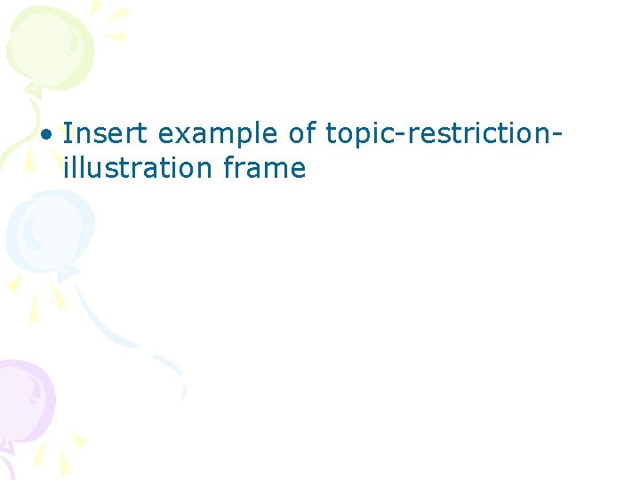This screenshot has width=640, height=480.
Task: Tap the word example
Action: pos(217,135)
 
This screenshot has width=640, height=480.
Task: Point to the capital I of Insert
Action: pos(68,134)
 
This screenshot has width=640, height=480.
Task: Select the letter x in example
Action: pos(178,136)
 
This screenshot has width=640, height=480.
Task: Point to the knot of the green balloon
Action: pos(34,88)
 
